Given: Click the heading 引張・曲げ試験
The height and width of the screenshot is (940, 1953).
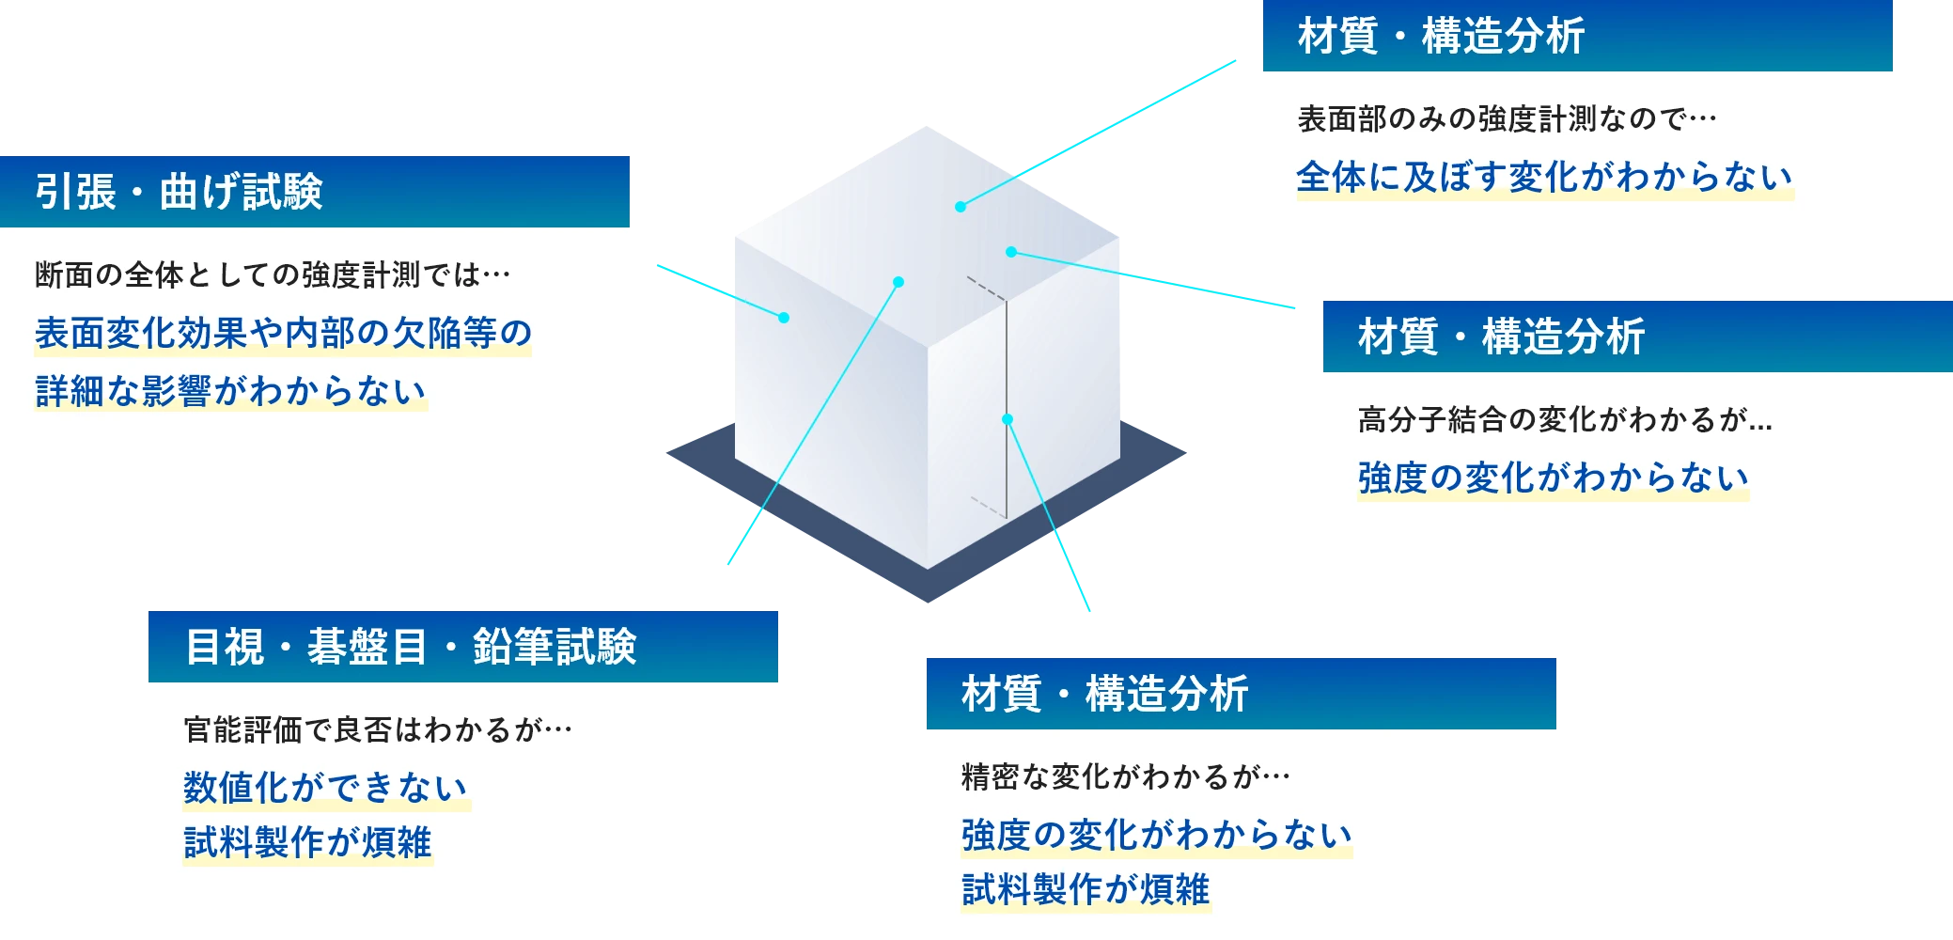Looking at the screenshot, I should click(x=179, y=192).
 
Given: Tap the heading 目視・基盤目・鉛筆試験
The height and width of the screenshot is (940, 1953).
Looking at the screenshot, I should click(x=411, y=647).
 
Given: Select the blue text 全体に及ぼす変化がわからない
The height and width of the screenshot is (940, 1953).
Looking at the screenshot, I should click(x=1544, y=178).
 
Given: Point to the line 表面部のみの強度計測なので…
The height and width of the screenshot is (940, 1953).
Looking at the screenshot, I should click(x=1507, y=119).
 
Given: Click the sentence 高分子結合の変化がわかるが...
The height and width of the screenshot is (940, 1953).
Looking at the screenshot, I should click(x=1564, y=420).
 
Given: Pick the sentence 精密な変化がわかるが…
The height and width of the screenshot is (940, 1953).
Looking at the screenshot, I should click(x=1125, y=777).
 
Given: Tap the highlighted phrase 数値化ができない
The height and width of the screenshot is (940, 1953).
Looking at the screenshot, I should click(x=325, y=788).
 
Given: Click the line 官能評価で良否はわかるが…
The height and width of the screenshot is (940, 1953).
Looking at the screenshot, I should click(x=378, y=730).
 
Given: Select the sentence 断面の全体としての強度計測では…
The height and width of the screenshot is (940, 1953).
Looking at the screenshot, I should click(x=273, y=275).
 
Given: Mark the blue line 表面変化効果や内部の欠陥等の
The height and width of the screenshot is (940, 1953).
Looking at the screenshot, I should click(x=283, y=333).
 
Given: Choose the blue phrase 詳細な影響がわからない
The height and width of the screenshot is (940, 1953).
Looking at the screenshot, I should click(x=230, y=391).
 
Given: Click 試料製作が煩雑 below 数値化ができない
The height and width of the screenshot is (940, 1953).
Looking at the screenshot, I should click(x=307, y=842).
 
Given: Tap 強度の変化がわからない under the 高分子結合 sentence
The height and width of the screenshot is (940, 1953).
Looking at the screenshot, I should click(x=1553, y=478).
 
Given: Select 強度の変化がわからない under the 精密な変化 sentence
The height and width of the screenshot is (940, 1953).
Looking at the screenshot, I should click(x=1156, y=835).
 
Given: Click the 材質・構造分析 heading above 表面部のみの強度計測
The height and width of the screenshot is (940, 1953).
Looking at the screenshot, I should click(x=1441, y=37).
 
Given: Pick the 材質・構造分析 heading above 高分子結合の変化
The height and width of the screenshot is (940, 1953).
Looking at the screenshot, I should click(x=1501, y=337).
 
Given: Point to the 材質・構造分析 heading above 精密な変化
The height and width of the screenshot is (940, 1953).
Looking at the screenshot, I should click(x=1104, y=695).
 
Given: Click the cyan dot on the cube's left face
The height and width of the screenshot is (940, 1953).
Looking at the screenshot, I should click(x=784, y=318).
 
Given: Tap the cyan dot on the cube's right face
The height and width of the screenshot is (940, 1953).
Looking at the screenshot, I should click(x=1008, y=419).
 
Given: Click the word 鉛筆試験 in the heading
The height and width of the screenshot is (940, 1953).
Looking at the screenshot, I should click(x=555, y=647).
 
